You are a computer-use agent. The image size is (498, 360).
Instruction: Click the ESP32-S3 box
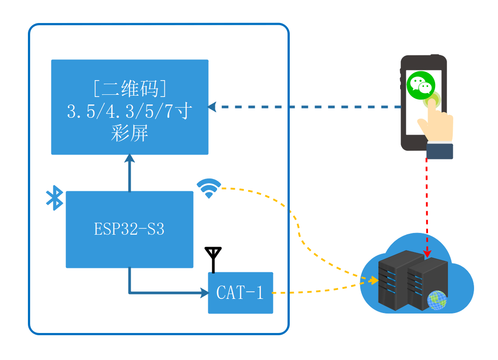click(129, 229)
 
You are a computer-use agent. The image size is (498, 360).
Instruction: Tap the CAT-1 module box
click(240, 293)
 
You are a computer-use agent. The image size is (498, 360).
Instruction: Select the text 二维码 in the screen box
click(129, 89)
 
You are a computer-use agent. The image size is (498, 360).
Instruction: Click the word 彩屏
click(129, 133)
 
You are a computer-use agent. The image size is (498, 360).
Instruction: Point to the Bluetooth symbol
click(54, 198)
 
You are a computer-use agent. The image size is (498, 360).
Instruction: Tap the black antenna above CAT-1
click(213, 259)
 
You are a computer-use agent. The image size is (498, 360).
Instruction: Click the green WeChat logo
click(421, 85)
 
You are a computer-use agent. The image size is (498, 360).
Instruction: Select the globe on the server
click(437, 300)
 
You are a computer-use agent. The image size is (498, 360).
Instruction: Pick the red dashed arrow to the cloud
click(427, 204)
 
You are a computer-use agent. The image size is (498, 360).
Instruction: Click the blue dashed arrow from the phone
click(306, 107)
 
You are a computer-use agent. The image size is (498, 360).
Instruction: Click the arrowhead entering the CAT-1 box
click(205, 293)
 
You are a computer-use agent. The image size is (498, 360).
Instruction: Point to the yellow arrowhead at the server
click(375, 280)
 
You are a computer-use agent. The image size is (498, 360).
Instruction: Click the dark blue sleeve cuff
click(440, 151)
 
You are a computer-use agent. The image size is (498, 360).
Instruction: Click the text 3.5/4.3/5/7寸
click(129, 111)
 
